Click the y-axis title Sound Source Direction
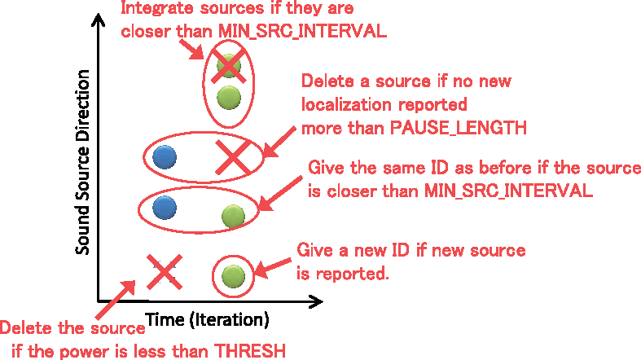coord(82,161)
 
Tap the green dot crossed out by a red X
coord(230,65)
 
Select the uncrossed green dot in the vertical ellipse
coord(230,99)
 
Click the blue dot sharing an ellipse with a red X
coord(165,155)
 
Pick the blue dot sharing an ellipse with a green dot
coord(165,207)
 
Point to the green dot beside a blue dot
coord(233,216)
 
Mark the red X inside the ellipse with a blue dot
coord(232,156)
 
